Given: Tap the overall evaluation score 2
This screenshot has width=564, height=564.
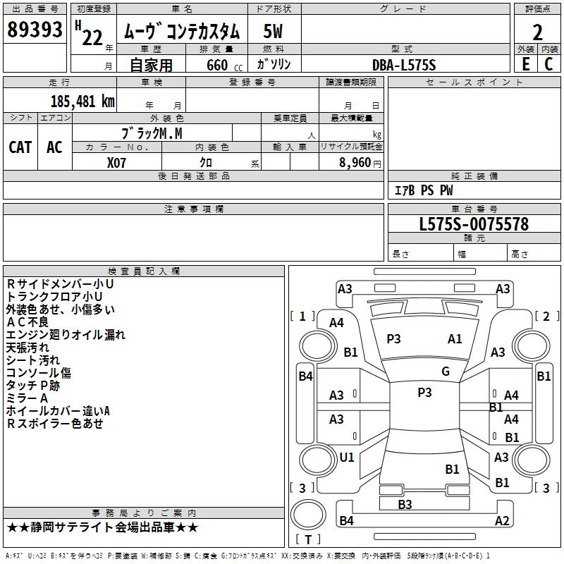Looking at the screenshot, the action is tap(538, 32).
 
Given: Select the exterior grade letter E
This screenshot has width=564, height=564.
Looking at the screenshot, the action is tap(526, 63).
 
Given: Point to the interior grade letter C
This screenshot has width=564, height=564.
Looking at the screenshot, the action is tap(548, 63).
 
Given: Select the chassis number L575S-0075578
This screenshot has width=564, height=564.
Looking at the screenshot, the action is tap(474, 224).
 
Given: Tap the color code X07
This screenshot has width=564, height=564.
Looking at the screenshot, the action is tap(118, 162).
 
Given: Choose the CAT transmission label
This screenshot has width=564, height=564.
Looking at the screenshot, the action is tap(20, 147).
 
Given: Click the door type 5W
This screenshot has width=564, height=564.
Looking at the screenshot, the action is tap(274, 31).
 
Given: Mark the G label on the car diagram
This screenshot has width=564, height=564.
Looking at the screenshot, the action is tap(446, 372).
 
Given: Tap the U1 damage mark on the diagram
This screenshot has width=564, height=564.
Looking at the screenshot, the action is tap(347, 457).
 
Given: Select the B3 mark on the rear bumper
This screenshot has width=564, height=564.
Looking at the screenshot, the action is tap(405, 504).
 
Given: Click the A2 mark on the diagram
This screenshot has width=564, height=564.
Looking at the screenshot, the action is tap(502, 520).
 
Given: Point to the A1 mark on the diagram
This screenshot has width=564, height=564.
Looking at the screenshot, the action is tap(455, 338).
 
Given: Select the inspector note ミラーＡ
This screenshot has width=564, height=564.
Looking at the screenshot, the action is tap(27, 398).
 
